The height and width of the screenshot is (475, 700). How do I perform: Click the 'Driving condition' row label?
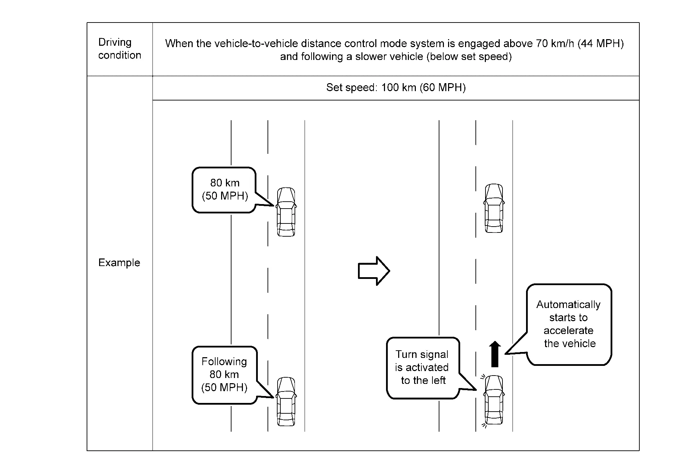click(120, 49)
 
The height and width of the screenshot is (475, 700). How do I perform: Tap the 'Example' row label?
click(119, 263)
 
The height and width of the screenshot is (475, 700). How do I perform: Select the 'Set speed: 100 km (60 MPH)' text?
click(396, 87)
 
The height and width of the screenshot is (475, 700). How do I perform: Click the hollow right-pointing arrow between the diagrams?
click(374, 271)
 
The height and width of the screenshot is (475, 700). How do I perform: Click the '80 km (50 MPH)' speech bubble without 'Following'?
click(225, 190)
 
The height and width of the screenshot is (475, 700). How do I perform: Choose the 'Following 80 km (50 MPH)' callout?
click(225, 375)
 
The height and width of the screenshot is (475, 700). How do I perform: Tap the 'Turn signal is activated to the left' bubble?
click(423, 367)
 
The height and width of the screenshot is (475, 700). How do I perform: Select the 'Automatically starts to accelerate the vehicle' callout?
click(569, 324)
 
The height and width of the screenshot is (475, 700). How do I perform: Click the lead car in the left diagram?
click(286, 212)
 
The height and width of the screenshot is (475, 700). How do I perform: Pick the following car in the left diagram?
click(286, 402)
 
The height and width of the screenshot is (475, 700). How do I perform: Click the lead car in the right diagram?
click(494, 208)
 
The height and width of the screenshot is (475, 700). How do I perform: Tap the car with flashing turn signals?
click(494, 400)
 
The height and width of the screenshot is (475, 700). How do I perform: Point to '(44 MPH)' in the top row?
click(601, 44)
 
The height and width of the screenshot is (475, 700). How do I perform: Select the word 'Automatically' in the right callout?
click(568, 305)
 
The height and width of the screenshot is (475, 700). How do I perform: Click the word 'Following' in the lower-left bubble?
click(224, 362)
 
